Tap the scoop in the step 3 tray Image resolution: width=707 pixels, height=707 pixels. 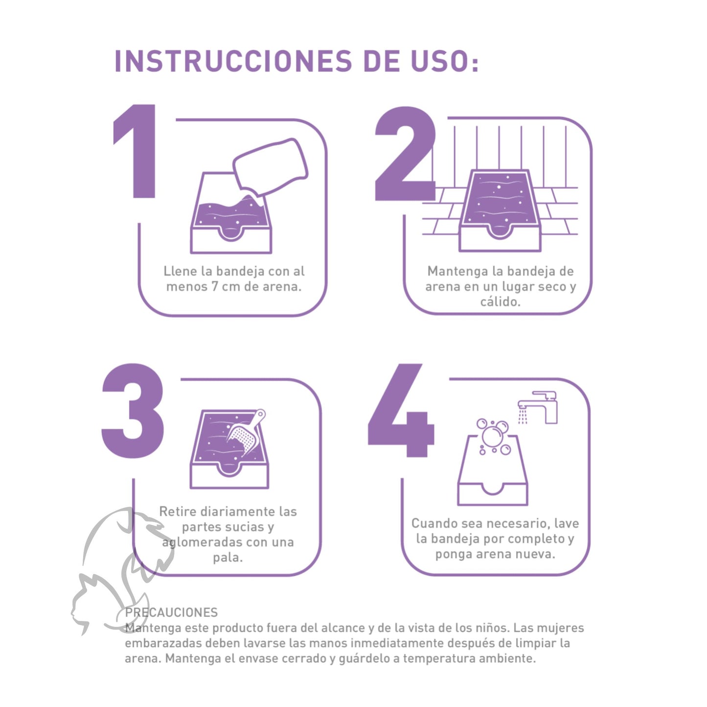(x=247, y=433)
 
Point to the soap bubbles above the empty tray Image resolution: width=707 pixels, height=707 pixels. (x=493, y=435)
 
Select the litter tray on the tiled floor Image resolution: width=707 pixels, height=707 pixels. (x=499, y=210)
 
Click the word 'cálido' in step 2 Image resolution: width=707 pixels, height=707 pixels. (x=500, y=302)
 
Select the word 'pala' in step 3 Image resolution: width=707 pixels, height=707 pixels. (x=228, y=558)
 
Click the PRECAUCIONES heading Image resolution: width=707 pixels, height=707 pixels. (x=171, y=613)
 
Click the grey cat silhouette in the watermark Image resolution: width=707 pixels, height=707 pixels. (x=98, y=602)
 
